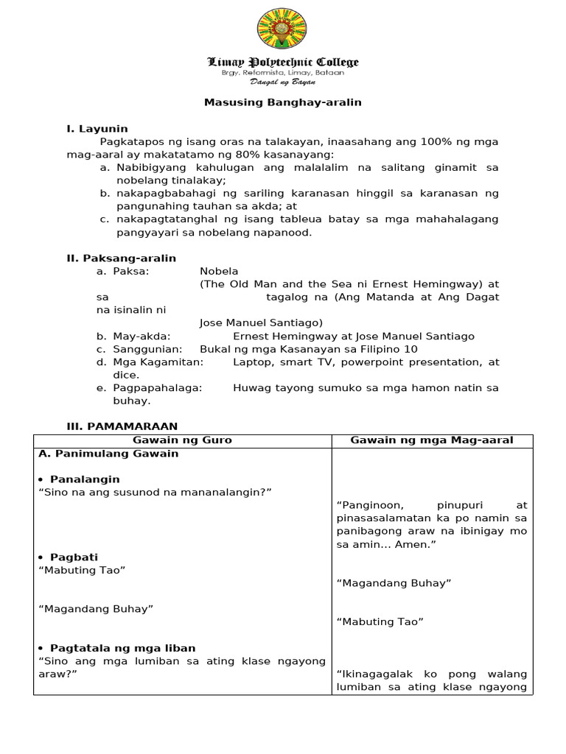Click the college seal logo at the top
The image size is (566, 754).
[x=283, y=31]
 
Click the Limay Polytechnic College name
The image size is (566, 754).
[x=283, y=63]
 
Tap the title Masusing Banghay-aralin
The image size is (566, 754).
[x=283, y=102]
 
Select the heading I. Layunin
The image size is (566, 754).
[x=97, y=129]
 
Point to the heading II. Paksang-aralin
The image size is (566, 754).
[x=122, y=258]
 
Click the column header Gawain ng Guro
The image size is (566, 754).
[x=182, y=440]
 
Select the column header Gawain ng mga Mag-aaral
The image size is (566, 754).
[x=432, y=440]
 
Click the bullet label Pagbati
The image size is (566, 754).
[x=74, y=557]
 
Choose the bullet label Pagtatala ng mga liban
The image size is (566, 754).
[x=122, y=648]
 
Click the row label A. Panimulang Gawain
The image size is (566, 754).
[x=108, y=454]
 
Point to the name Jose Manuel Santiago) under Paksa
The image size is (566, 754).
[x=261, y=323]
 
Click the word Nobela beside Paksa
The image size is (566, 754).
[x=219, y=271]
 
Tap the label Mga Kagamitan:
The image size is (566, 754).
[x=158, y=362]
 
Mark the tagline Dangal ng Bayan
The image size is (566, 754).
[x=283, y=82]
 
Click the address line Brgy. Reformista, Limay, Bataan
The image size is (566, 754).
[x=283, y=73]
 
